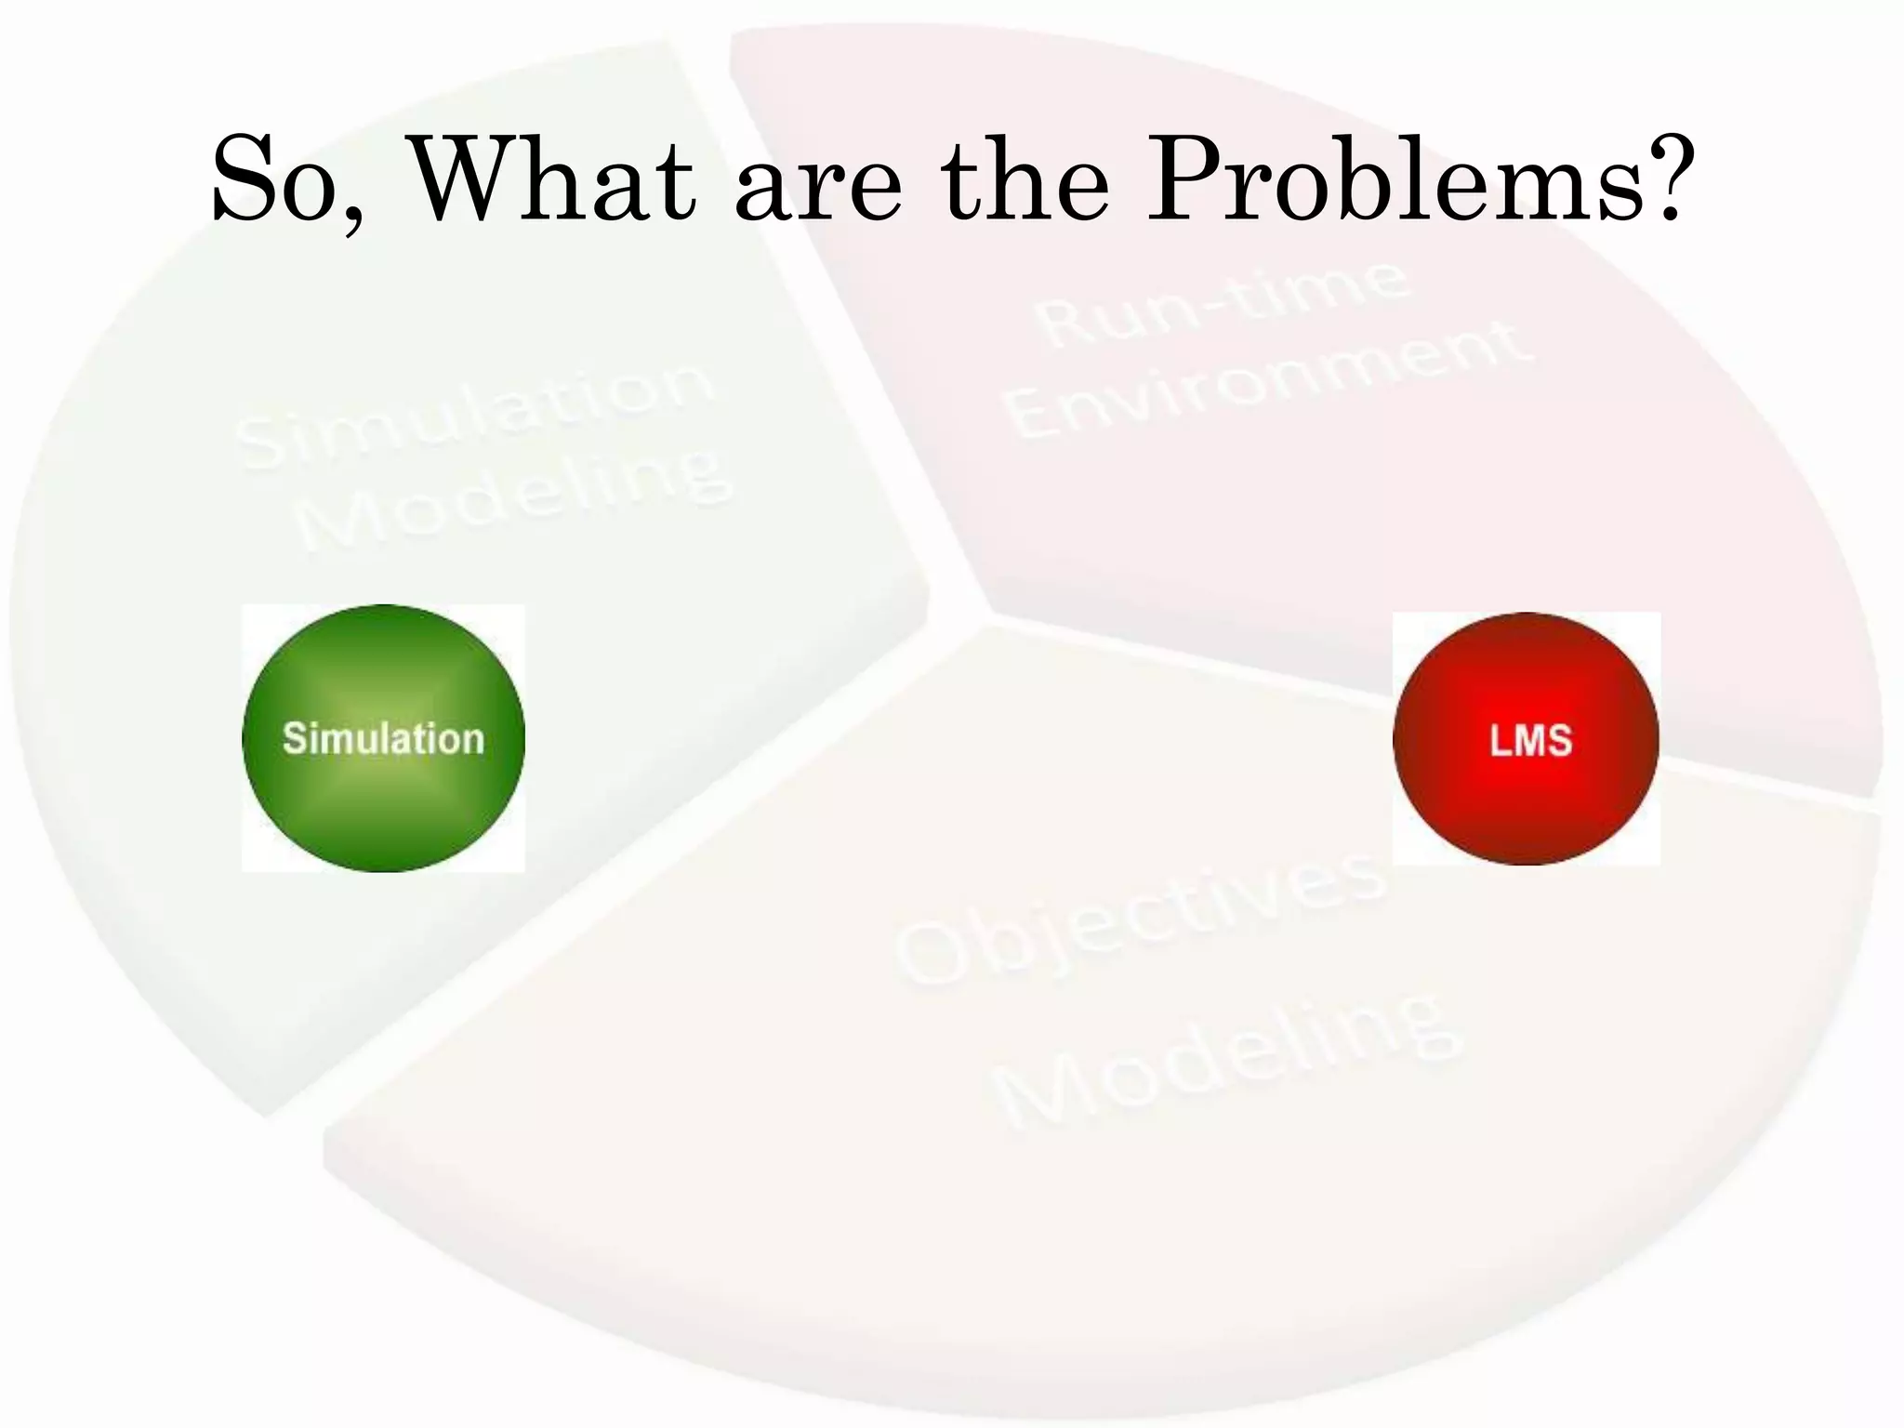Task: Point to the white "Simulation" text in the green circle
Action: [383, 739]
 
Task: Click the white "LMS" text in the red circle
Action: [1530, 741]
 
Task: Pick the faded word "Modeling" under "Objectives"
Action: [1227, 1060]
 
